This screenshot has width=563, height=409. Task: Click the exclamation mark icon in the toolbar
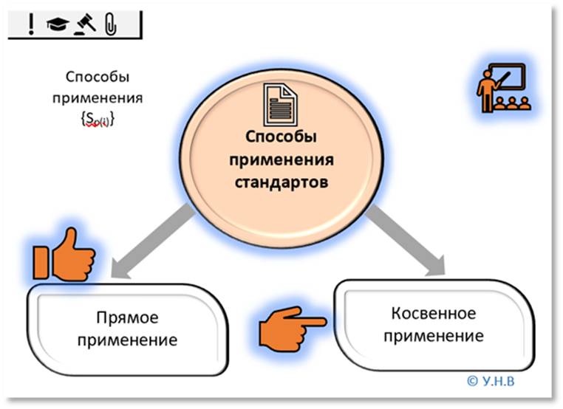point(30,24)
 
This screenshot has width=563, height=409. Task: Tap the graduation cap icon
point(57,25)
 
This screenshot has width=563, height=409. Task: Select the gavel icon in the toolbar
point(86,24)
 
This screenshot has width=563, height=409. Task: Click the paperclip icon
point(111,24)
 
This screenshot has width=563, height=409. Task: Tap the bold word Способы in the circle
point(281,139)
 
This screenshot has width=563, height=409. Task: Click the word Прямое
point(128,318)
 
